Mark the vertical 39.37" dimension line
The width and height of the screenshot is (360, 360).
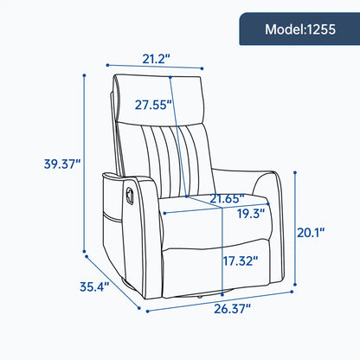(x=84, y=164)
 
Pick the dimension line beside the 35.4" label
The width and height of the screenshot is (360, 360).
(x=112, y=279)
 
